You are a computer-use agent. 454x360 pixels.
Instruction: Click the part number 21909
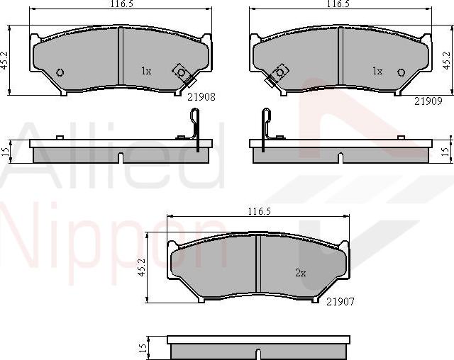coord(428,101)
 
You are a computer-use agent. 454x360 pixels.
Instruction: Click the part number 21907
coord(340,301)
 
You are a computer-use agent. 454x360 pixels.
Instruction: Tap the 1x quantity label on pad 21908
coord(146,71)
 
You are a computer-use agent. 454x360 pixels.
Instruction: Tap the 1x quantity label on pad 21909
coord(377,71)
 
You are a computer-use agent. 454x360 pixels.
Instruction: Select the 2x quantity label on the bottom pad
coord(300,272)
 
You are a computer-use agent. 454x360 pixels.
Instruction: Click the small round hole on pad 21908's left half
coord(60,72)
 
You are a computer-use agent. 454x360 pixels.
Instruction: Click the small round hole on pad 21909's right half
coord(400,72)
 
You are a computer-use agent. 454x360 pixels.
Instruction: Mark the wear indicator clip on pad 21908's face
coord(182,73)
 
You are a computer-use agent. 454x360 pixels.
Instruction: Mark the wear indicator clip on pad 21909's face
coord(278,73)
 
